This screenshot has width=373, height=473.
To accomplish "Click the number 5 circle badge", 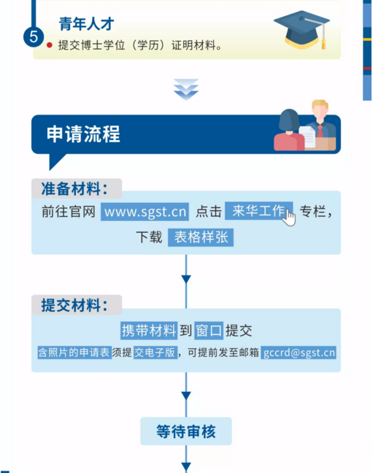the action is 34,36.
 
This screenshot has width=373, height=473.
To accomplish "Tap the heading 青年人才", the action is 86,24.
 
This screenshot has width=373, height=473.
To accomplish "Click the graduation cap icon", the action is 301,30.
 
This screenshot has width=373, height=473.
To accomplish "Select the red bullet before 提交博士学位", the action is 50,45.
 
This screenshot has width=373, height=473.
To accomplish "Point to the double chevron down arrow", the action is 186,89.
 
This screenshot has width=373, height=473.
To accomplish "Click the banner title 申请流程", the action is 83,134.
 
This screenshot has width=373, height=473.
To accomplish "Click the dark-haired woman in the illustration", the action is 289,131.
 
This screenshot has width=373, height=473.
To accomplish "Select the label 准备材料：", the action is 74,189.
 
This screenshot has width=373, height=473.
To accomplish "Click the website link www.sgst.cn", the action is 145,212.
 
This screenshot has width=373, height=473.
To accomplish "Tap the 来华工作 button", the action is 258,210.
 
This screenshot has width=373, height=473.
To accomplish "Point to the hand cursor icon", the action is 289,218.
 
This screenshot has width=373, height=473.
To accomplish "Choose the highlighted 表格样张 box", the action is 201,237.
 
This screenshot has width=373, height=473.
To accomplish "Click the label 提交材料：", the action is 74,305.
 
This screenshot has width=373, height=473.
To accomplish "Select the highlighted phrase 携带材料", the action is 149,331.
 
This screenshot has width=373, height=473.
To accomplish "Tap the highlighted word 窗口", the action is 209,331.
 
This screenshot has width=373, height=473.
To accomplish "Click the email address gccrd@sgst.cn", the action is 299,353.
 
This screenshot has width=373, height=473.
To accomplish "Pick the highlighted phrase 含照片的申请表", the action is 74,353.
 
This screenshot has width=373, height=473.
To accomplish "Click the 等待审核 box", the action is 186,431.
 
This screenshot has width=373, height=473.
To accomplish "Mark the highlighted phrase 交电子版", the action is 155,353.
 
